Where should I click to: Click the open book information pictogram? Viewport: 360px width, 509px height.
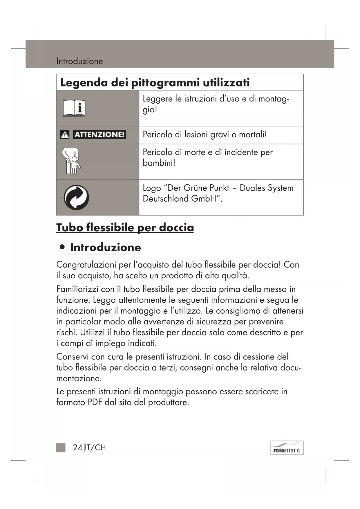pyautogui.click(x=74, y=108)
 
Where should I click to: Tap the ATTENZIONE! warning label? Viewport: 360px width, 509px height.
pyautogui.click(x=99, y=135)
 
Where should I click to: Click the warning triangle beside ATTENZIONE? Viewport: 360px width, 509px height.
pyautogui.click(x=65, y=135)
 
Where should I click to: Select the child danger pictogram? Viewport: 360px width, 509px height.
pyautogui.click(x=71, y=161)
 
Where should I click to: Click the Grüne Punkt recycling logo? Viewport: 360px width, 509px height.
pyautogui.click(x=76, y=197)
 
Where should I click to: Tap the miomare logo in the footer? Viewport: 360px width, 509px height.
pyautogui.click(x=287, y=448)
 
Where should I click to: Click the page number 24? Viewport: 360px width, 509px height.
pyautogui.click(x=77, y=447)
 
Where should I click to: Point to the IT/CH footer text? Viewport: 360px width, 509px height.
pyautogui.click(x=96, y=447)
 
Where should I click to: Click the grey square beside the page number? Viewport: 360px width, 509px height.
pyautogui.click(x=61, y=447)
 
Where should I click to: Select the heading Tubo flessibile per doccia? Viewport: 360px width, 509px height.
pyautogui.click(x=125, y=228)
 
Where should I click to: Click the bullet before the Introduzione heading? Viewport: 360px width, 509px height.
pyautogui.click(x=62, y=247)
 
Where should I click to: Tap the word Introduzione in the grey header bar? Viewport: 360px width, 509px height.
pyautogui.click(x=79, y=61)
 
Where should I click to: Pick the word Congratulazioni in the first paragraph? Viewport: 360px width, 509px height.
pyautogui.click(x=86, y=265)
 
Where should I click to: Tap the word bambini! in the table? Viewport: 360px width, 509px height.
pyautogui.click(x=159, y=163)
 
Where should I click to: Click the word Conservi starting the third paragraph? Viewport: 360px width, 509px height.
pyautogui.click(x=73, y=357)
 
